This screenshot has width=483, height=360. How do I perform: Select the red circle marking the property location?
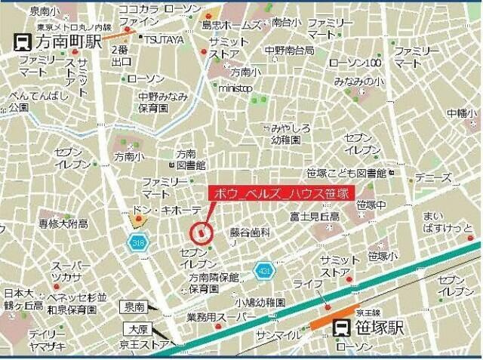pos(200,231)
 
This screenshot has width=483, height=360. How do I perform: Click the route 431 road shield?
pos(263,271)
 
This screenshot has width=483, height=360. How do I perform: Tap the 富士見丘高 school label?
pos(314,217)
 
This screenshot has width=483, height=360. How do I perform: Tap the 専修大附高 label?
pos(63,223)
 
